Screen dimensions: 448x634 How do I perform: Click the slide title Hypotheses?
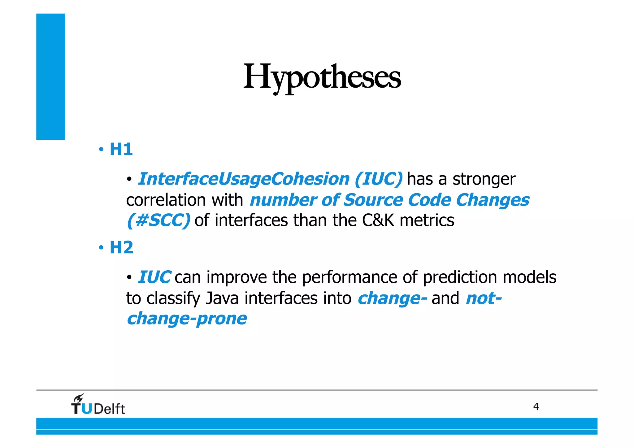322,77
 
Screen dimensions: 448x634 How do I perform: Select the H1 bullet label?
121,150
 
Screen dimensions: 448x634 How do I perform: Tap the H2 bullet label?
121,248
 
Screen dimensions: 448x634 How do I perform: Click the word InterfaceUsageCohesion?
244,179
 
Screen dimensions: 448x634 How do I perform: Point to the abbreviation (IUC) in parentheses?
379,179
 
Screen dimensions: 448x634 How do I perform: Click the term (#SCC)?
158,221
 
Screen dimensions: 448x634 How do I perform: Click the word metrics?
427,221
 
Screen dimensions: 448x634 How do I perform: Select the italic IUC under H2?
154,277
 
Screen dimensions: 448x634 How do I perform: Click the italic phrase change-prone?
187,319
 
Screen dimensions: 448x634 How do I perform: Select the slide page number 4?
536,407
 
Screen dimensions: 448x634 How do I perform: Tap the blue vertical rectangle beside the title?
51,76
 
